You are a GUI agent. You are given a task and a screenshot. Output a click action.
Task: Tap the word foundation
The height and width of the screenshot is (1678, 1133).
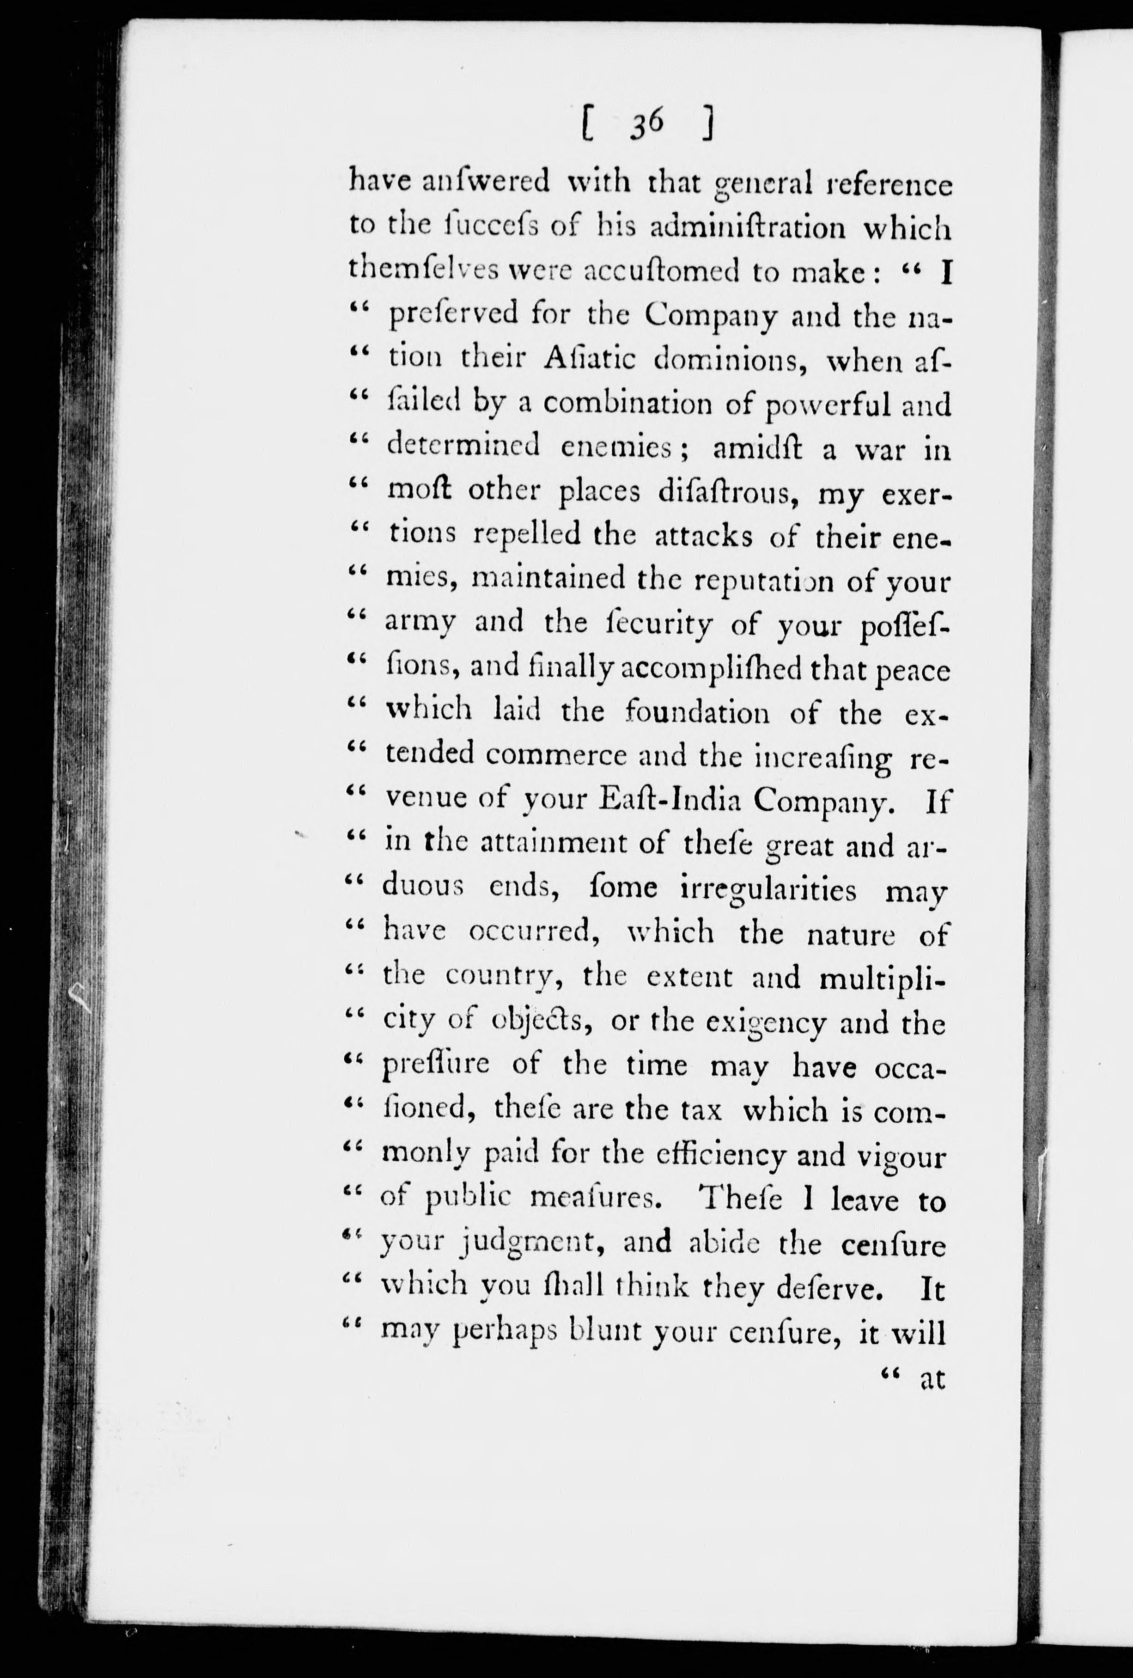698,713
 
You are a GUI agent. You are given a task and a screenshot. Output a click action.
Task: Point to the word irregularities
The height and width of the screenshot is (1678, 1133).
768,889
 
